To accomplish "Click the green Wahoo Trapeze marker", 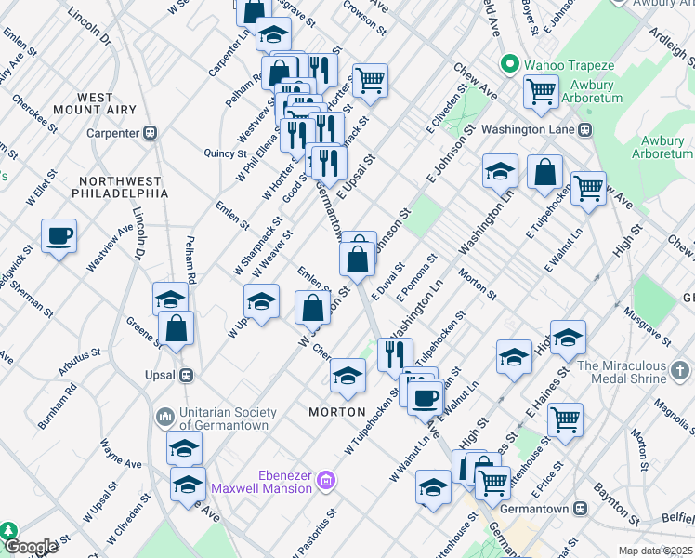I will [x=508, y=66].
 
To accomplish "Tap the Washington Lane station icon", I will [x=584, y=129].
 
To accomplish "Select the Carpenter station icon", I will [x=149, y=133].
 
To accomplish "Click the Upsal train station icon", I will [x=186, y=375].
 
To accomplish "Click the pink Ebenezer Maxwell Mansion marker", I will [x=326, y=481].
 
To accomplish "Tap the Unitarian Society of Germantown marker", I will [x=165, y=415].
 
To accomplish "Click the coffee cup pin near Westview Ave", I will [x=59, y=236].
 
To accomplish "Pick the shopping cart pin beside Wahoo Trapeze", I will [x=541, y=92].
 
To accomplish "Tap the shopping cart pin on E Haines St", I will [x=564, y=420].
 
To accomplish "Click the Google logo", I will [x=31, y=547].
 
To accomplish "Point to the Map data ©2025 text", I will [x=656, y=551].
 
